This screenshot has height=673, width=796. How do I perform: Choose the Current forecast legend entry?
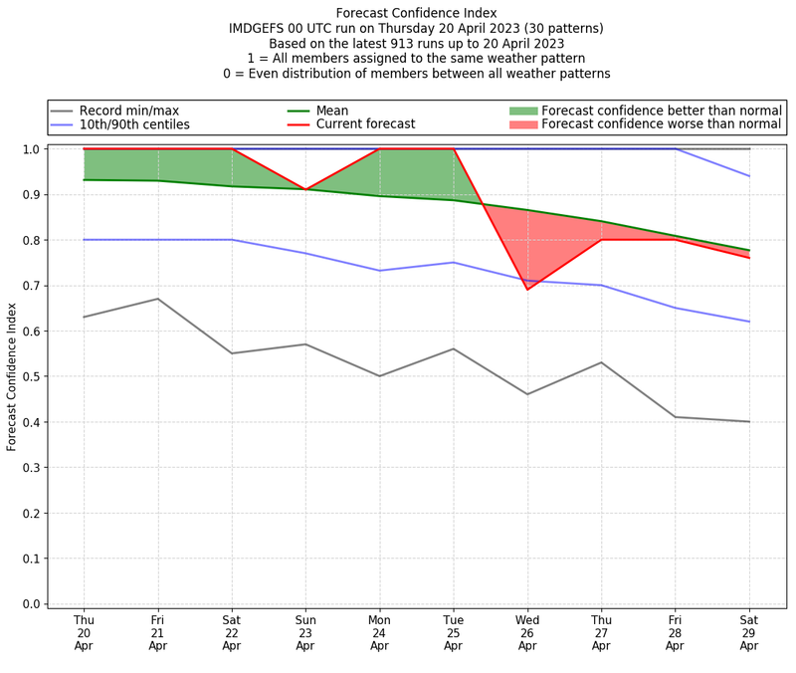pos(365,124)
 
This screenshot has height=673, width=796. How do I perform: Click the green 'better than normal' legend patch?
pos(523,111)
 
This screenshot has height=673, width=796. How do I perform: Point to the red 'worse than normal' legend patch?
pos(523,124)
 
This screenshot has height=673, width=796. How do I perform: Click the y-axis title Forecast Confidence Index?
pos(12,376)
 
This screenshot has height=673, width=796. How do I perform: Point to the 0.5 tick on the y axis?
pos(31,376)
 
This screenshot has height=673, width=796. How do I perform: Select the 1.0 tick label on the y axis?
pos(31,149)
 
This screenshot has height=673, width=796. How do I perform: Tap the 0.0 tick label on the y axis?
pos(31,603)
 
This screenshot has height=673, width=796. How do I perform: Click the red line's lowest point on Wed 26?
pos(527,290)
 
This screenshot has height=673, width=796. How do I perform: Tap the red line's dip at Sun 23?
pos(305,189)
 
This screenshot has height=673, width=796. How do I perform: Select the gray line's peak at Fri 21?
pos(157,299)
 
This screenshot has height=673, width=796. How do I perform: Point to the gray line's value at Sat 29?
pos(749,421)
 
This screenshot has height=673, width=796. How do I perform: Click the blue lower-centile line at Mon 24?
pos(379,271)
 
